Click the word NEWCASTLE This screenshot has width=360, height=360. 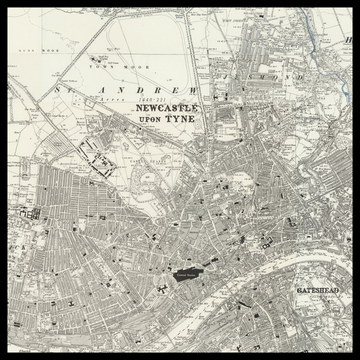168,108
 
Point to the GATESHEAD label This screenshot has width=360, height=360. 319,289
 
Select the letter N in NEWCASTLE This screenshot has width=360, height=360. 141,108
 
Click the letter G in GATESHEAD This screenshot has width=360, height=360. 300,289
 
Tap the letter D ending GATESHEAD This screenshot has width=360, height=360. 339,289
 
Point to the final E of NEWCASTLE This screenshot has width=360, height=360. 195,108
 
